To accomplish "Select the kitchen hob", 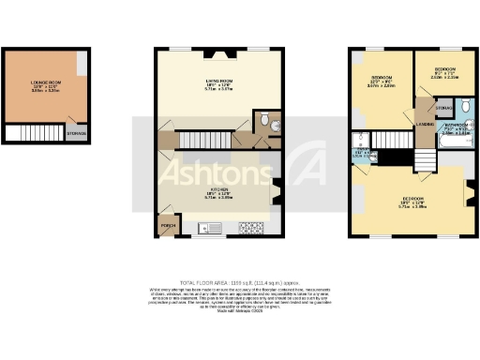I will pyautogui.click(x=251, y=227).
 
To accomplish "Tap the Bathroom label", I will pyautogui.click(x=456, y=127).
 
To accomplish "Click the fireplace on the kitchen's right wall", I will pyautogui.click(x=276, y=192).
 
